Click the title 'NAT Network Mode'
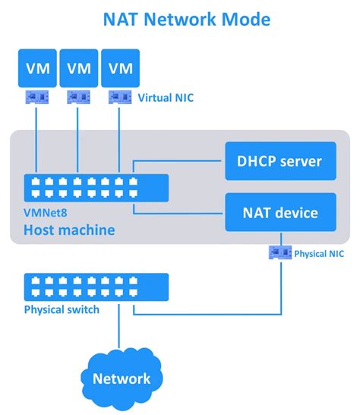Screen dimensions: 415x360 point(181,18)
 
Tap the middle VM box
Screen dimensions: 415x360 point(78,68)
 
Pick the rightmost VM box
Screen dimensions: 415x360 point(121,68)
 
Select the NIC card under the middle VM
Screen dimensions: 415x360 point(78,97)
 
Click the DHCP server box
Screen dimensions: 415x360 point(280,161)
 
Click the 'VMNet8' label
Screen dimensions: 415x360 point(44,214)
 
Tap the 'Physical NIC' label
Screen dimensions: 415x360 point(319,253)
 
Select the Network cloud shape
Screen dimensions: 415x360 point(120,377)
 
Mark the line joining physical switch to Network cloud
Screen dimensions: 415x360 point(120,331)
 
